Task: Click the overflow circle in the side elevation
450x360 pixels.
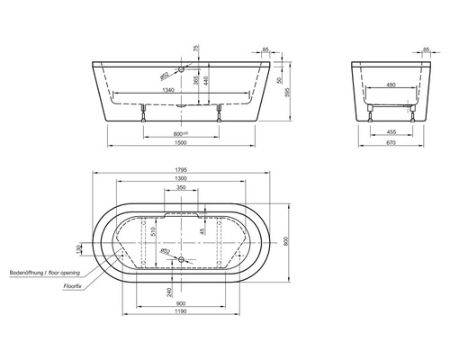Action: pos(182,68)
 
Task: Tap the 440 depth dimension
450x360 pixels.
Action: pos(206,81)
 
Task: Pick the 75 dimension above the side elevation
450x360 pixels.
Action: pos(196,49)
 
